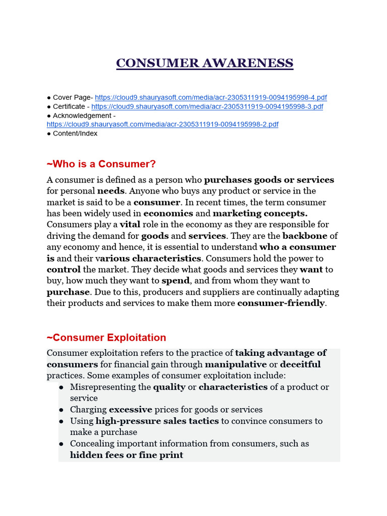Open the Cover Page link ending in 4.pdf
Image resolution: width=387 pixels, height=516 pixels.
pyautogui.click(x=211, y=97)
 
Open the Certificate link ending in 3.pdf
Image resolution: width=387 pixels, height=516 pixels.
pyautogui.click(x=207, y=106)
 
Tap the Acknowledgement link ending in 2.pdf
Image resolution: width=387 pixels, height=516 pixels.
pyautogui.click(x=162, y=124)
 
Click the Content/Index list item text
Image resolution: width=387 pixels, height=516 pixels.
pyautogui.click(x=75, y=134)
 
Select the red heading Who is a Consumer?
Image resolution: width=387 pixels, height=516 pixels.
pyautogui.click(x=101, y=164)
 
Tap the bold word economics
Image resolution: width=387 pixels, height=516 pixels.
pyautogui.click(x=168, y=213)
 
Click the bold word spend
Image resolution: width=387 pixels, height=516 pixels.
pyautogui.click(x=175, y=280)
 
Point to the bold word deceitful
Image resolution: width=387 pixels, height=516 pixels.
pyautogui.click(x=300, y=364)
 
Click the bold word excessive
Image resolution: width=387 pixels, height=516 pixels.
pyautogui.click(x=130, y=410)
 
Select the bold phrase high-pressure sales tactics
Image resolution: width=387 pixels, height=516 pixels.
pyautogui.click(x=157, y=421)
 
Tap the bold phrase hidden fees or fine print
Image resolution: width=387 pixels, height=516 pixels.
pyautogui.click(x=126, y=455)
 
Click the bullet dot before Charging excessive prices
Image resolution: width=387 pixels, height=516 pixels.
pyautogui.click(x=61, y=410)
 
